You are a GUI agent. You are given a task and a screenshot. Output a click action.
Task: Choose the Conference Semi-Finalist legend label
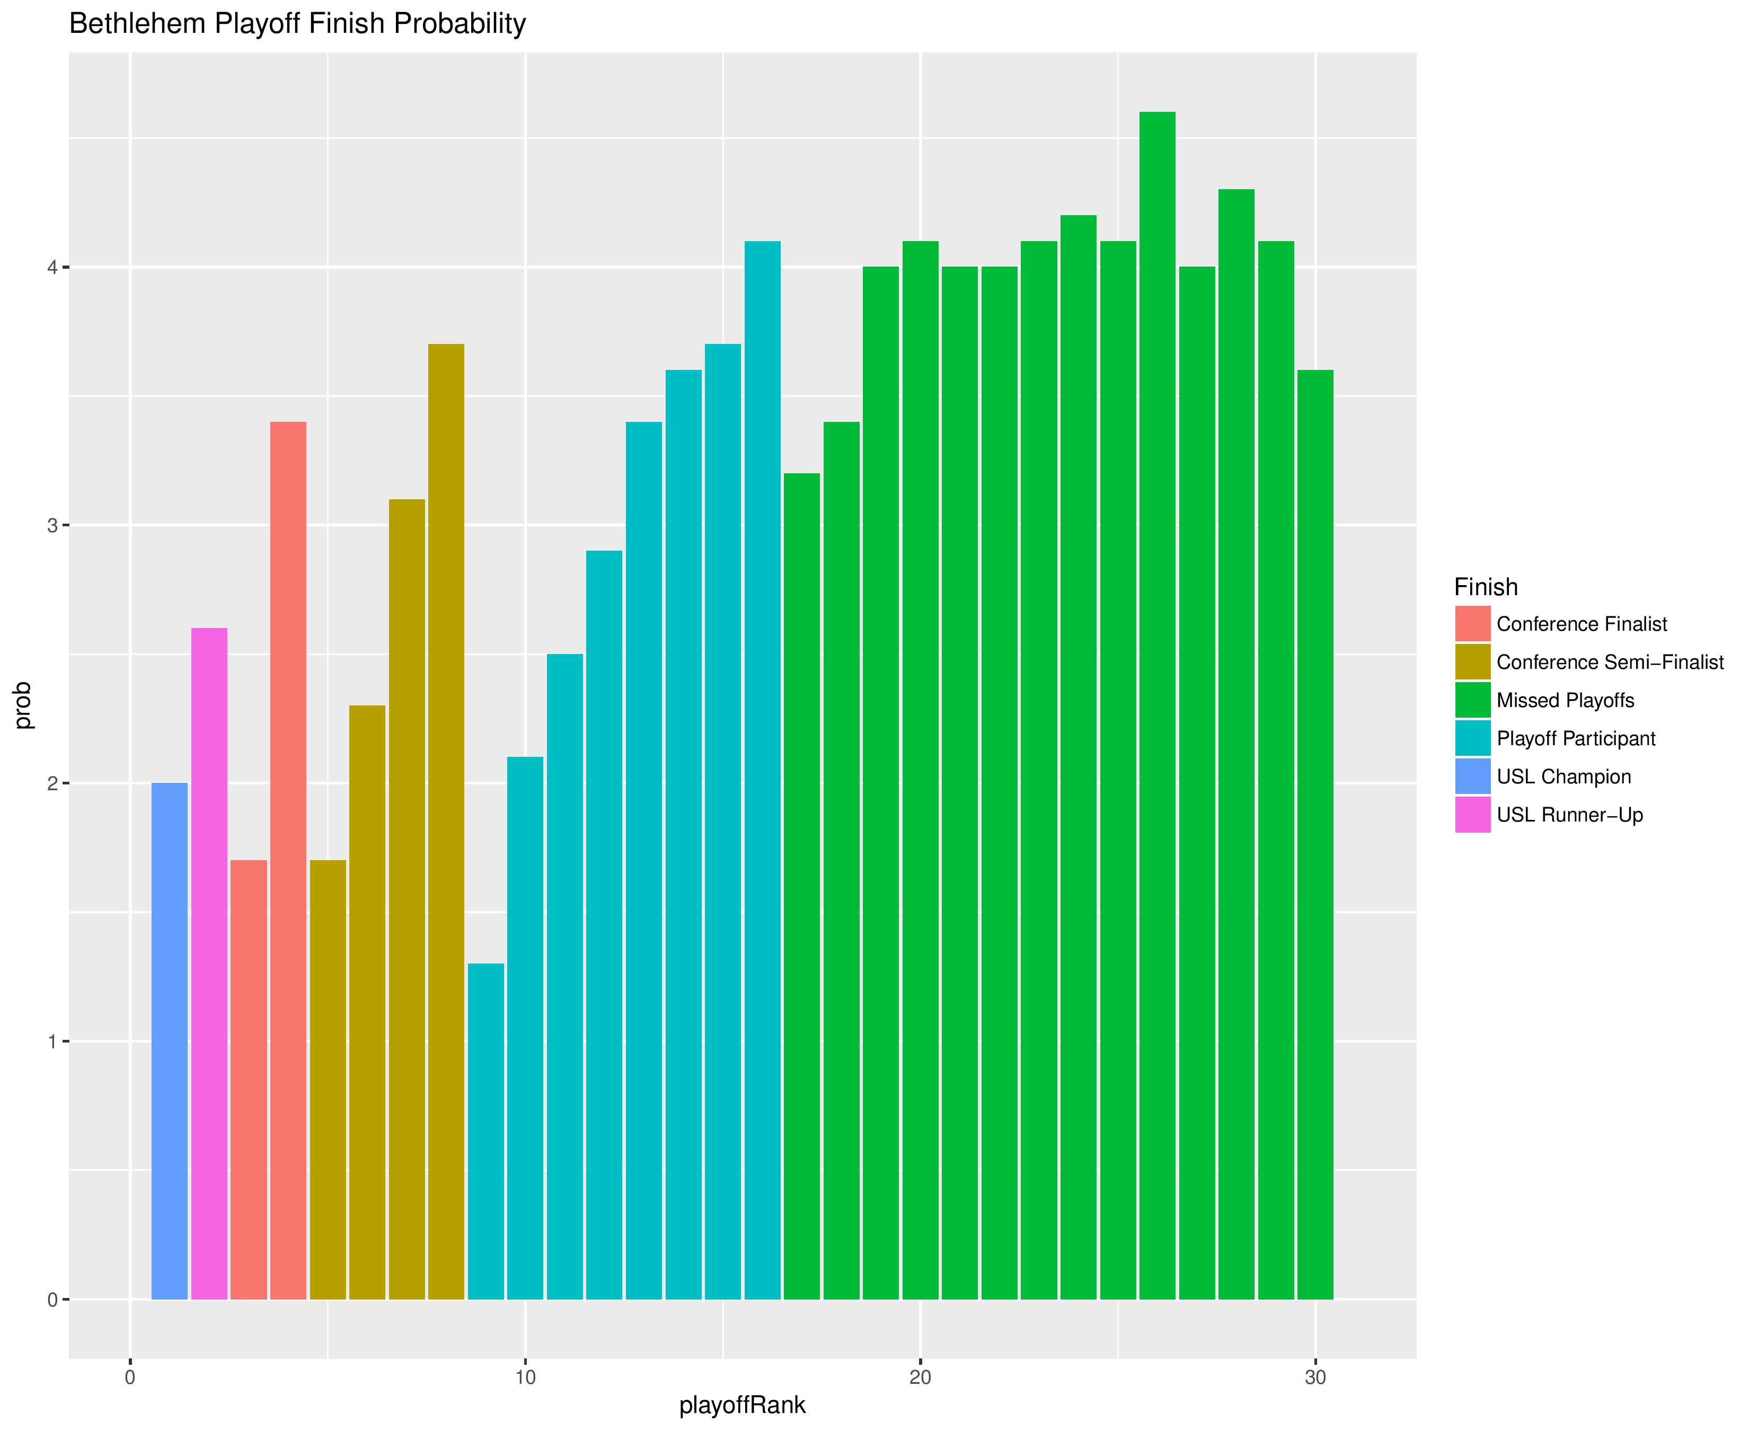point(1610,662)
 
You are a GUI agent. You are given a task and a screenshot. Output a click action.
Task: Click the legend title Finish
point(1485,587)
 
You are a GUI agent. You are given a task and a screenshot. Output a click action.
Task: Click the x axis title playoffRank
point(742,1406)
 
